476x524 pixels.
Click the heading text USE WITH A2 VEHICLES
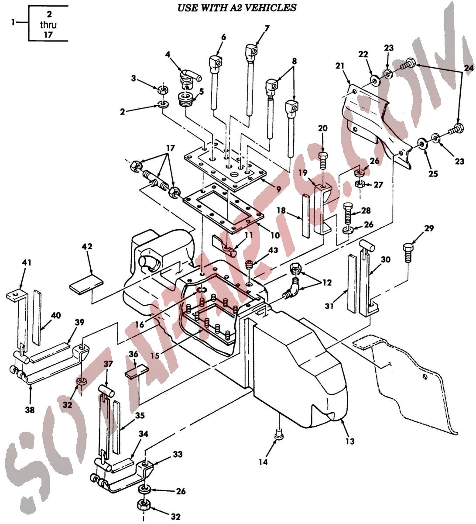[237, 7]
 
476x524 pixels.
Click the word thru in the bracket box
[48, 25]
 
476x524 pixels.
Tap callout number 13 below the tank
[350, 441]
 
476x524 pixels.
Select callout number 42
[87, 246]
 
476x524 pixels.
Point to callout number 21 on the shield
[340, 66]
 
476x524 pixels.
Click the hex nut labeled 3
[163, 90]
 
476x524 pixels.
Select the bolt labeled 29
[408, 252]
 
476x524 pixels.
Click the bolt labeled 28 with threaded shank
[348, 213]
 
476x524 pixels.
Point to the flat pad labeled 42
[86, 283]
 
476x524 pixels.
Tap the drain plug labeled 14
[279, 436]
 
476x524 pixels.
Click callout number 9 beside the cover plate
[279, 190]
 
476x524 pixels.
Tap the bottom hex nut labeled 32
[144, 506]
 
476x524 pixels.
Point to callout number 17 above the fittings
[171, 148]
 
